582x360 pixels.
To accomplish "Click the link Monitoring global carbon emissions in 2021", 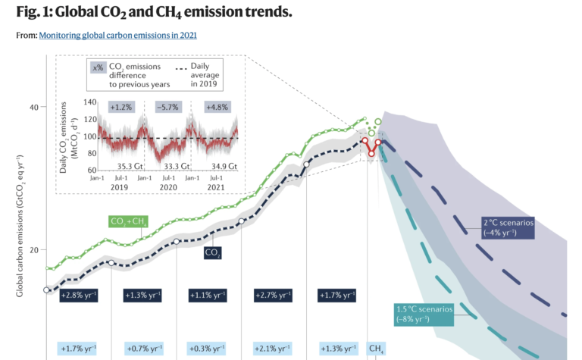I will [x=118, y=35].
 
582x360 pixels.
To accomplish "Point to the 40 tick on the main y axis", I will [x=33, y=107].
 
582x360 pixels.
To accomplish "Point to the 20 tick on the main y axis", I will [x=33, y=250].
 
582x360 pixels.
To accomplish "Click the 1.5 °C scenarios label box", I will [x=423, y=314].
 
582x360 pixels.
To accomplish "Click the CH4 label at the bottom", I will [x=376, y=349].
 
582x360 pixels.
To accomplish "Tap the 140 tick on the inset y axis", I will [x=89, y=102].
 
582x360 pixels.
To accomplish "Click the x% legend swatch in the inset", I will [x=98, y=67].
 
